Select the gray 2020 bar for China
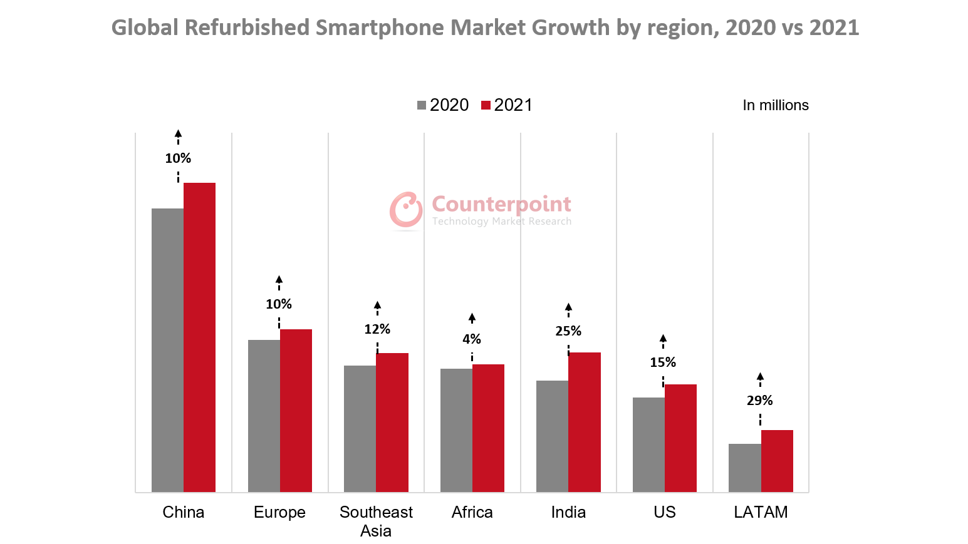click(x=167, y=350)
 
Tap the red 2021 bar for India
click(x=584, y=422)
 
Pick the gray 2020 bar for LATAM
click(x=744, y=468)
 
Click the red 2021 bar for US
click(x=680, y=438)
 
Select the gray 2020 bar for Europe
click(x=264, y=416)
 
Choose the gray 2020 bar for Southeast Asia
click(x=360, y=428)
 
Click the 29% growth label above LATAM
click(x=759, y=401)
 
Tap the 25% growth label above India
click(x=568, y=331)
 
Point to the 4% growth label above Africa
click(x=471, y=339)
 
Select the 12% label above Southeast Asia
click(x=377, y=329)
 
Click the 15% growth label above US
click(x=662, y=362)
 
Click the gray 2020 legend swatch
click(x=422, y=105)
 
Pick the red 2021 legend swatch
click(x=486, y=105)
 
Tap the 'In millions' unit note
click(x=775, y=105)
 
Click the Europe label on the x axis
click(x=279, y=512)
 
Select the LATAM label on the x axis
click(x=760, y=512)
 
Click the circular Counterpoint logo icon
click(x=406, y=209)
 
